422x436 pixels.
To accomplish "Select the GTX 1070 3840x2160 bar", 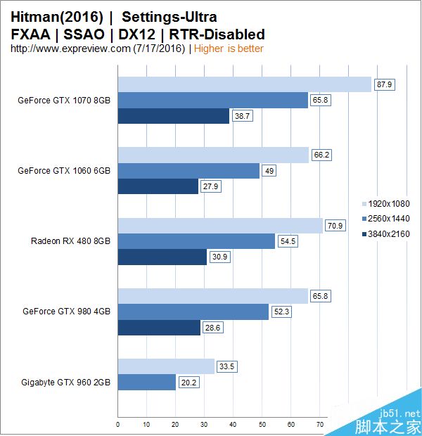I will click(x=174, y=115).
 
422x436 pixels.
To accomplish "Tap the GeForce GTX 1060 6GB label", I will click(x=64, y=170).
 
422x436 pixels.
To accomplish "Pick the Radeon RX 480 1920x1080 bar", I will click(x=220, y=225).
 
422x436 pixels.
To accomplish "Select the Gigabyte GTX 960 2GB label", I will click(x=66, y=382).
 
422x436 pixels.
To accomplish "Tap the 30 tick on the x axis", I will click(x=204, y=425).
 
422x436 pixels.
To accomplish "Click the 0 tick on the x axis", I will click(x=117, y=425).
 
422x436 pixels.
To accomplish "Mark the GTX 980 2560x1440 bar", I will click(x=193, y=312).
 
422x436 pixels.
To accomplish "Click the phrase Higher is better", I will click(x=229, y=49).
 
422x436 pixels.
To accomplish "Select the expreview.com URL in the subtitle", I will click(x=70, y=49).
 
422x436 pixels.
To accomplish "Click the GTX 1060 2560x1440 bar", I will click(x=188, y=171).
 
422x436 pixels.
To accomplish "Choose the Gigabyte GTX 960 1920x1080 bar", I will click(x=166, y=366).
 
